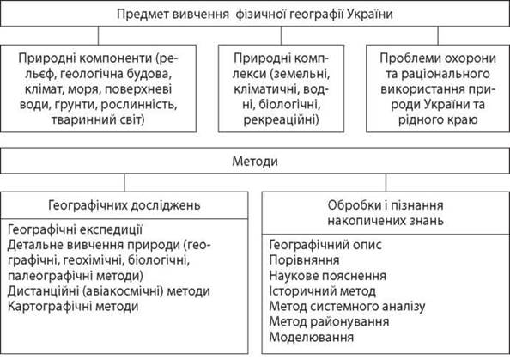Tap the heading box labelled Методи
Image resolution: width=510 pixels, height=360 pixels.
pos(255,161)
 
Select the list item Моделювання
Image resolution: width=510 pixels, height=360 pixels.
pos(312,337)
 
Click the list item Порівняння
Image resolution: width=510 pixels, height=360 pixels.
pos(305,260)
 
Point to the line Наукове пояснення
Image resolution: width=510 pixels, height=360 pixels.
pos(327,276)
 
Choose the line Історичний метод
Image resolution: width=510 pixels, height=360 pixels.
pos(322,290)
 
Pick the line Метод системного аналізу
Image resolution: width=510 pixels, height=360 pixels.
pos(347,306)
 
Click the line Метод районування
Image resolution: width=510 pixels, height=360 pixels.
pos(329,321)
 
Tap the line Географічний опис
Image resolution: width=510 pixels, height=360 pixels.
pos(325,245)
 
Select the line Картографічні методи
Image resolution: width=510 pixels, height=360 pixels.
pos(73,306)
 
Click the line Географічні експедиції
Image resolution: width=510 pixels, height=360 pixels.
pos(75,229)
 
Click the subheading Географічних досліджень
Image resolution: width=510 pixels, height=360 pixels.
pos(124,205)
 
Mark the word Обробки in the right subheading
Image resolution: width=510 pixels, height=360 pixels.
pos(353,205)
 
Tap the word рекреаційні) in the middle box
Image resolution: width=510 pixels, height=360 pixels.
pos(281,119)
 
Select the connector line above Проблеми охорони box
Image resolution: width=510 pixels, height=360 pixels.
pos(438,35)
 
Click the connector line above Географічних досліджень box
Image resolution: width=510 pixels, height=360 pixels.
pos(124,183)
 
